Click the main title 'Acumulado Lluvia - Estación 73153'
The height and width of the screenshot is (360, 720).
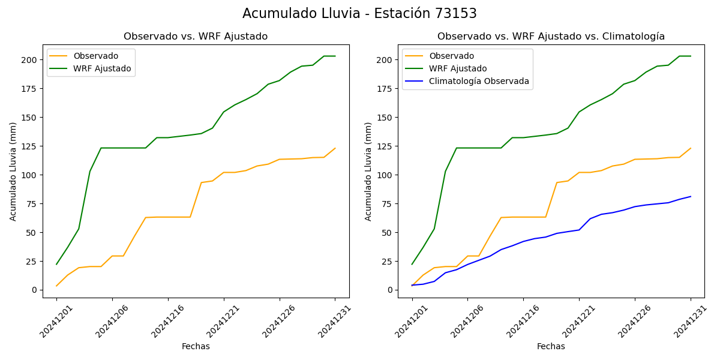tap(359, 14)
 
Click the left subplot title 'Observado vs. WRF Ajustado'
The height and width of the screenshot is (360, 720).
tap(196, 37)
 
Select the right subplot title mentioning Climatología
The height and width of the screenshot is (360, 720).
tap(551, 37)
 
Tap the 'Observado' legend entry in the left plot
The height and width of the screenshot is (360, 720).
tap(95, 56)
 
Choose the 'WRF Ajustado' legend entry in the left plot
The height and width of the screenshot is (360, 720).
tap(102, 68)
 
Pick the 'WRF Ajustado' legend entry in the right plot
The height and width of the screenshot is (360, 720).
tap(457, 68)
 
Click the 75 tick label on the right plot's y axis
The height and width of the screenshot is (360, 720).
tap(385, 204)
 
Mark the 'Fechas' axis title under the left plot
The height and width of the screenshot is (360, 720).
tap(196, 347)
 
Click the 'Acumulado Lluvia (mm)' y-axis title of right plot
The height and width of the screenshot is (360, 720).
tap(368, 172)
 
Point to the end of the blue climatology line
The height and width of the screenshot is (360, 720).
tap(691, 196)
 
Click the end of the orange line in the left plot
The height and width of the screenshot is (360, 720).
tap(335, 148)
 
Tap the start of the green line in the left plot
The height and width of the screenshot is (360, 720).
tap(56, 264)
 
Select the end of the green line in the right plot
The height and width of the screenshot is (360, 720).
tap(691, 56)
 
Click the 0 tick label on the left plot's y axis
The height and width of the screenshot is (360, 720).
tap(34, 290)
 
